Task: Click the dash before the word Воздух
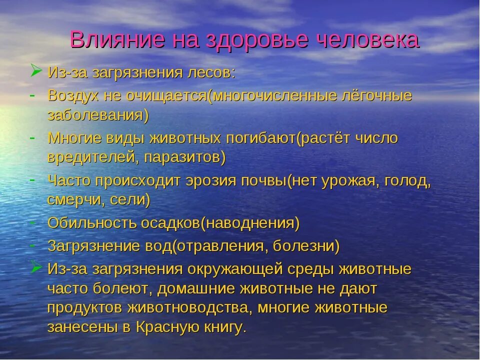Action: [31, 93]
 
